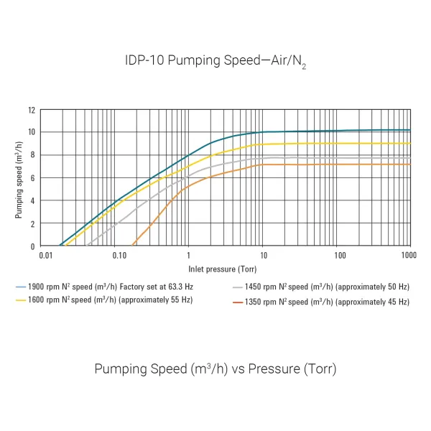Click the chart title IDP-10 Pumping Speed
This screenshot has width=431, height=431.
click(x=215, y=61)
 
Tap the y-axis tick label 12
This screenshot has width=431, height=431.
click(x=32, y=110)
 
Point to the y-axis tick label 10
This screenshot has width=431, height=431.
click(x=32, y=132)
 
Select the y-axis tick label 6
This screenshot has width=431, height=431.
click(x=32, y=178)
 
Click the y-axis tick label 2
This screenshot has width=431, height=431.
click(x=32, y=223)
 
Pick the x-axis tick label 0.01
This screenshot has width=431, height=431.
click(x=45, y=256)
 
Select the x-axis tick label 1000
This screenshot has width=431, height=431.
click(x=409, y=256)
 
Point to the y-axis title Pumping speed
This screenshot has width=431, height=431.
click(x=19, y=177)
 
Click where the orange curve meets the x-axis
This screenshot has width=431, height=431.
click(x=133, y=246)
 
